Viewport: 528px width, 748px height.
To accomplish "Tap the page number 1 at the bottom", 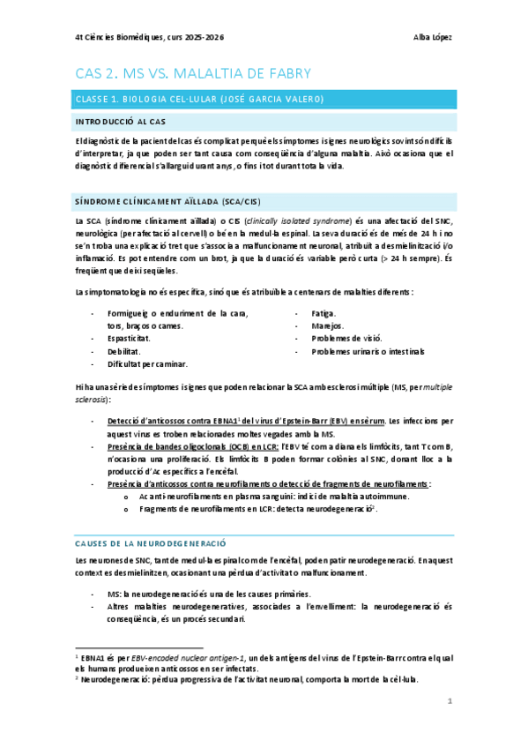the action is point(450,701).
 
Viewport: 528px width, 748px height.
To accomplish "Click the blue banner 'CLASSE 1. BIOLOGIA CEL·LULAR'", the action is point(198,98).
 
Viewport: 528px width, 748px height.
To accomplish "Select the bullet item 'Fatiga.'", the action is point(323,313).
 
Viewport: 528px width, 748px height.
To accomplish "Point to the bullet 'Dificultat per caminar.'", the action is point(146,363).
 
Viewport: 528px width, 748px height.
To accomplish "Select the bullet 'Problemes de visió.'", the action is point(346,338).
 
